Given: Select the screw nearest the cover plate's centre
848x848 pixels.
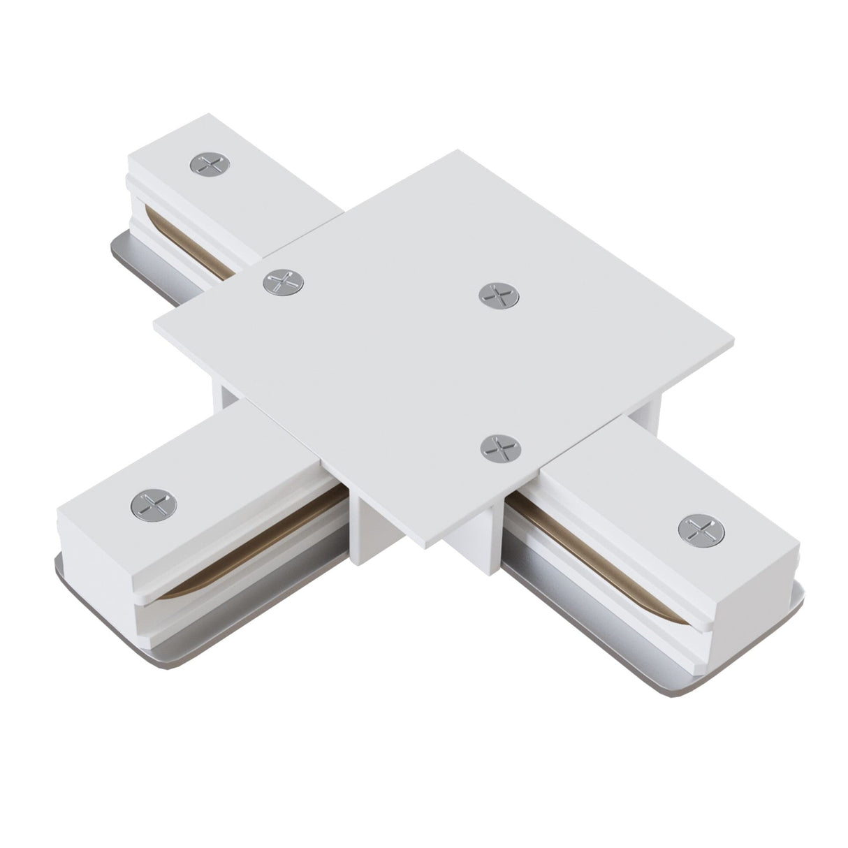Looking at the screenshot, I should pyautogui.click(x=499, y=293).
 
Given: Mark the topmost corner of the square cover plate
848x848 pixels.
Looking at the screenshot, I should pyautogui.click(x=454, y=150).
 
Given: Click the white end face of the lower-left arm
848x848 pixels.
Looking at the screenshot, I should pyautogui.click(x=98, y=559).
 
